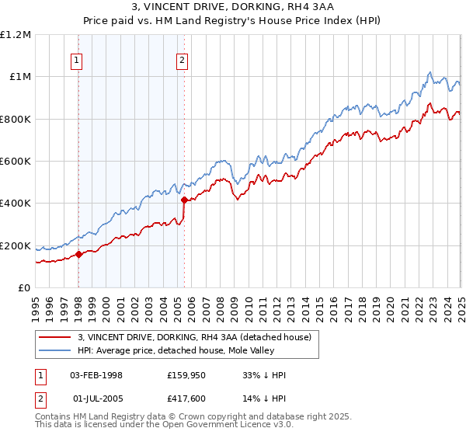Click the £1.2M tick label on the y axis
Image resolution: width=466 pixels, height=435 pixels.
pyautogui.click(x=16, y=34)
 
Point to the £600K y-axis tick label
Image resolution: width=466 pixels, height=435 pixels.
pyautogui.click(x=16, y=162)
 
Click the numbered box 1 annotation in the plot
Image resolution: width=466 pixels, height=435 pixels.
pyautogui.click(x=78, y=61)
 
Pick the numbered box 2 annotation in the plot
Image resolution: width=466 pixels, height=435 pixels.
pyautogui.click(x=183, y=61)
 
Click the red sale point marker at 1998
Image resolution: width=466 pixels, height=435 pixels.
pyautogui.click(x=79, y=254)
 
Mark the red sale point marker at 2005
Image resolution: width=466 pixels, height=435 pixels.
pyautogui.click(x=184, y=200)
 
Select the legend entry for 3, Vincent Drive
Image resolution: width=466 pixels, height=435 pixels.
pyautogui.click(x=194, y=337)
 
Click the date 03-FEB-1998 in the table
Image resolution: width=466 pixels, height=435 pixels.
pyautogui.click(x=96, y=375)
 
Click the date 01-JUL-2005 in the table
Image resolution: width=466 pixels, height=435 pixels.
pyautogui.click(x=96, y=398)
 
